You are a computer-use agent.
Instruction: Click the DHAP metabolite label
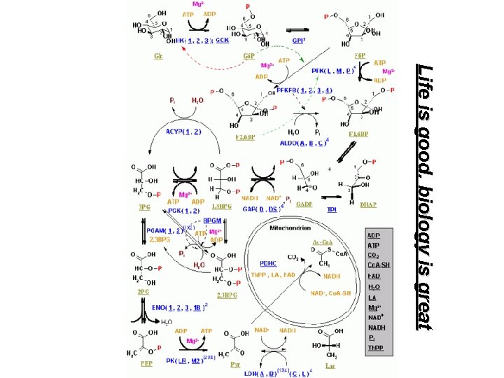pos(368,205)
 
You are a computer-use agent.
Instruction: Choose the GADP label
pos(304,204)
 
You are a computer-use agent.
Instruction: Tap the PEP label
pos(147,363)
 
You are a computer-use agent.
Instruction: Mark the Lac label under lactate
pos(331,363)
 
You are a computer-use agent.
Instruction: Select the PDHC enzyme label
pos(269,263)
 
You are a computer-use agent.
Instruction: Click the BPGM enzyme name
pos(212,219)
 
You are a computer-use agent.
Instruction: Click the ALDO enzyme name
pos(288,143)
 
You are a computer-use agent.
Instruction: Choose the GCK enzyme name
pos(222,40)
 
